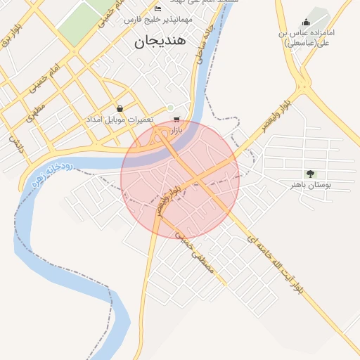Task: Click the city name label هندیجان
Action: coord(159,41)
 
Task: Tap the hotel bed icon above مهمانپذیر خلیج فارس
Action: coord(157,8)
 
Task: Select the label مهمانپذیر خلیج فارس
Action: coord(149,20)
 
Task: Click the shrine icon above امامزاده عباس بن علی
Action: coord(305,22)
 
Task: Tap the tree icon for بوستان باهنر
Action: coord(309,173)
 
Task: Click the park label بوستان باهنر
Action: coord(310,185)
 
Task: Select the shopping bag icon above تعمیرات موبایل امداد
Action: coord(120,108)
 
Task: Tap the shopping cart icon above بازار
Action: coord(176,119)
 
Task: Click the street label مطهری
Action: coord(36,111)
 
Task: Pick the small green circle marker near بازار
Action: coord(169,107)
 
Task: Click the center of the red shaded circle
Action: coord(180,180)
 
